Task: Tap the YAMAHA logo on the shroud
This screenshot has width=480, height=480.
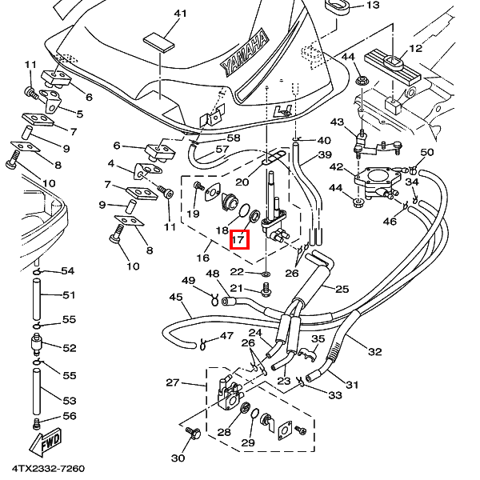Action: (245, 52)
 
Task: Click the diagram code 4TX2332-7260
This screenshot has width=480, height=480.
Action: (48, 469)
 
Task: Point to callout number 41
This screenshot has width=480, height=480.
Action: (180, 14)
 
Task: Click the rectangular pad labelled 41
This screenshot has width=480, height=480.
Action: (159, 42)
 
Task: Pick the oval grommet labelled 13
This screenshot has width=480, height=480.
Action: (336, 7)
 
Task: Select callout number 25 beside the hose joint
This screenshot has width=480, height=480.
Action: (342, 289)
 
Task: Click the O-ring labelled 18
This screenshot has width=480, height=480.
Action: (244, 211)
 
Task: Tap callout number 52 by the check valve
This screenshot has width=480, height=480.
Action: (69, 348)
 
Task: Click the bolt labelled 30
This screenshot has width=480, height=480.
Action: (193, 433)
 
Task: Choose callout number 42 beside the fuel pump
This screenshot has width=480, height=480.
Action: (337, 167)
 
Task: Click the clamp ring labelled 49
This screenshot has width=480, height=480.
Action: (214, 299)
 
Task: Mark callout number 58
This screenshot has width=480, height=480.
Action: (234, 138)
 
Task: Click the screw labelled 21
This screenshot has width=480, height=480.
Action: (266, 290)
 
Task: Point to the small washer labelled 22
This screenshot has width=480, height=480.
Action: (266, 273)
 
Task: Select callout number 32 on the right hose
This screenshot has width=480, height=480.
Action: (375, 352)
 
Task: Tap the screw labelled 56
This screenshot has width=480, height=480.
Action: (36, 424)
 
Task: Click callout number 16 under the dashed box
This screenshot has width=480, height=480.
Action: (202, 258)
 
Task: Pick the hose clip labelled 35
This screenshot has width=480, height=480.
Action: (306, 353)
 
